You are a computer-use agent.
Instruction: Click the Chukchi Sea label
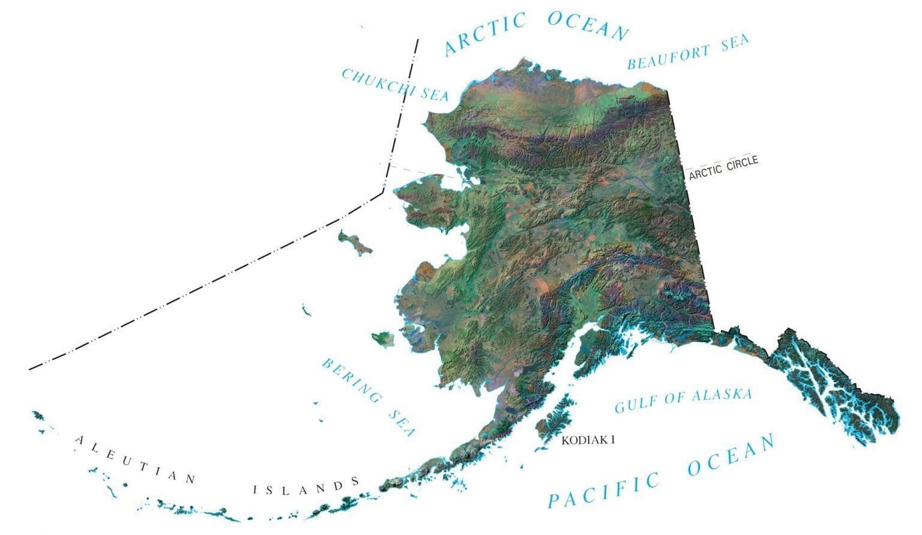pyautogui.click(x=395, y=85)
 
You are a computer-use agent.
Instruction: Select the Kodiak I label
pyautogui.click(x=588, y=440)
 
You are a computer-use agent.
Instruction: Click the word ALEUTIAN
pyautogui.click(x=135, y=459)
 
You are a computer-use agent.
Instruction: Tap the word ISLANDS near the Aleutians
pyautogui.click(x=306, y=487)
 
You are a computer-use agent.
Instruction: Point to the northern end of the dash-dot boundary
pyautogui.click(x=417, y=40)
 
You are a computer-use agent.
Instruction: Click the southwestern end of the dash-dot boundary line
pyautogui.click(x=29, y=369)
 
